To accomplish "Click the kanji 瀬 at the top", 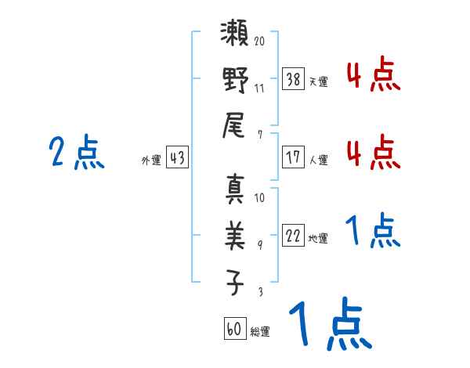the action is point(235,38).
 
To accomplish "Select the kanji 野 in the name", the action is point(235,81).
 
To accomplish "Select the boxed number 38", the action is point(293,78).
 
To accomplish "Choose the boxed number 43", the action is point(177,157).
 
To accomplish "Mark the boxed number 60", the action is point(234,329).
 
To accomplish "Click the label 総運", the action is point(260,331).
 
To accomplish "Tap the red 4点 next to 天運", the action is point(373,76).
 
